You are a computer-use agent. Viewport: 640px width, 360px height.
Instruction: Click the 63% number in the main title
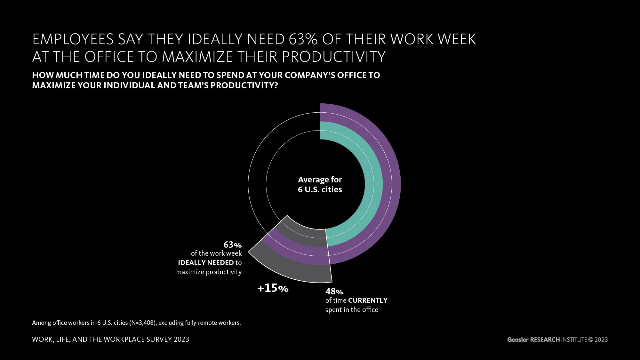click(x=303, y=39)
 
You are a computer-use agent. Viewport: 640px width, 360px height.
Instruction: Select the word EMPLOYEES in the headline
click(x=73, y=39)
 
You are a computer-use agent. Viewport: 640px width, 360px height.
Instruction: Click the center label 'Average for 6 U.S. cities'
click(x=320, y=184)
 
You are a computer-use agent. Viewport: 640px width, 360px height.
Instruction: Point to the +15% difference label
click(x=273, y=288)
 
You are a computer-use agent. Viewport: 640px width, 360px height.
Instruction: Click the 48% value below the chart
click(x=334, y=292)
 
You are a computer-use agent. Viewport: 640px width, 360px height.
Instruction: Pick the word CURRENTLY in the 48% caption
click(x=368, y=300)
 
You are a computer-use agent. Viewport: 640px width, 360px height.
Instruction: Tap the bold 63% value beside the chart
click(x=233, y=245)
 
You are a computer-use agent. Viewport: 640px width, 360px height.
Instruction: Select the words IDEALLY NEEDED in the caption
click(x=206, y=263)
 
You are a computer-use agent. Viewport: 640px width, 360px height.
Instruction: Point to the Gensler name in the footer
click(x=517, y=340)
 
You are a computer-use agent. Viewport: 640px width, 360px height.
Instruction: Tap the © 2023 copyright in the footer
click(x=598, y=340)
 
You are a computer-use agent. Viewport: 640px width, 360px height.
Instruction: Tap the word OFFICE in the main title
click(x=109, y=57)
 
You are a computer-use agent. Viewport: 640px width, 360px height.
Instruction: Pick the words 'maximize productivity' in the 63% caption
click(x=209, y=272)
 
